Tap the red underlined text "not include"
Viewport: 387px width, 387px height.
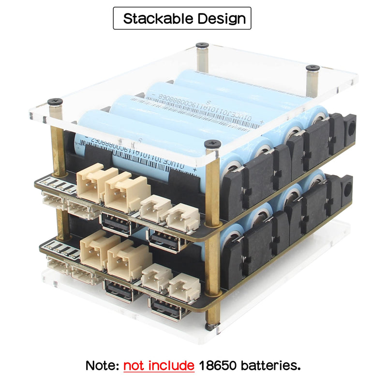click(x=159, y=365)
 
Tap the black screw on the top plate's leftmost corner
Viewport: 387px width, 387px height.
click(x=55, y=102)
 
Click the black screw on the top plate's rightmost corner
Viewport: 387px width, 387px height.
click(x=313, y=68)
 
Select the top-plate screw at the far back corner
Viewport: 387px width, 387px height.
click(x=202, y=45)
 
